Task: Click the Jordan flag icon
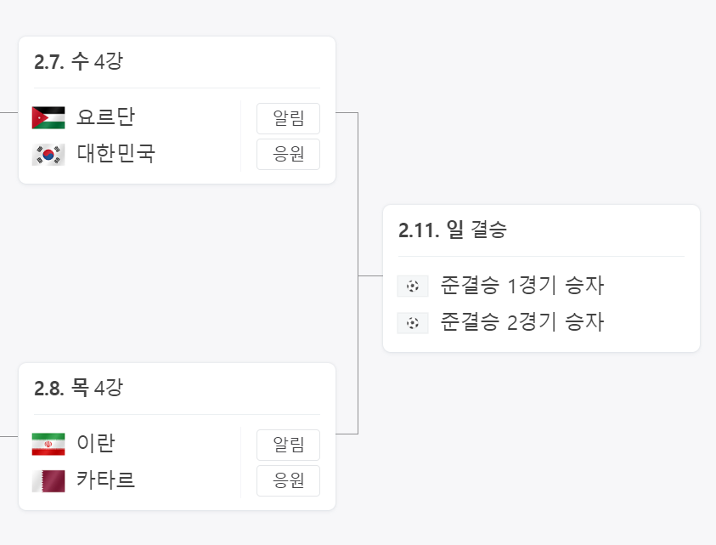(48, 117)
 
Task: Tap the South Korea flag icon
(48, 154)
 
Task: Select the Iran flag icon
(48, 444)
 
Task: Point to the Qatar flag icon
(48, 480)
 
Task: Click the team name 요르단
(105, 117)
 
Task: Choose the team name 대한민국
(116, 154)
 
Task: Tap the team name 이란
(95, 444)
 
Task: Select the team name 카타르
(105, 480)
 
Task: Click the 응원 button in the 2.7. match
(288, 155)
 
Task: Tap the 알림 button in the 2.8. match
(288, 445)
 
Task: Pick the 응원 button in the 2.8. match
(288, 481)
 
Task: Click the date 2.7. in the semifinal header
(49, 62)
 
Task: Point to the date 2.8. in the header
(49, 389)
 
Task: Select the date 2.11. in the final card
(419, 230)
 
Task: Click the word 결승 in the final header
(488, 230)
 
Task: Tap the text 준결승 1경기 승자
(521, 286)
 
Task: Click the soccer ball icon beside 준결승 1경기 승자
(412, 287)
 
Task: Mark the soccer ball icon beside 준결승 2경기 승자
(412, 323)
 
